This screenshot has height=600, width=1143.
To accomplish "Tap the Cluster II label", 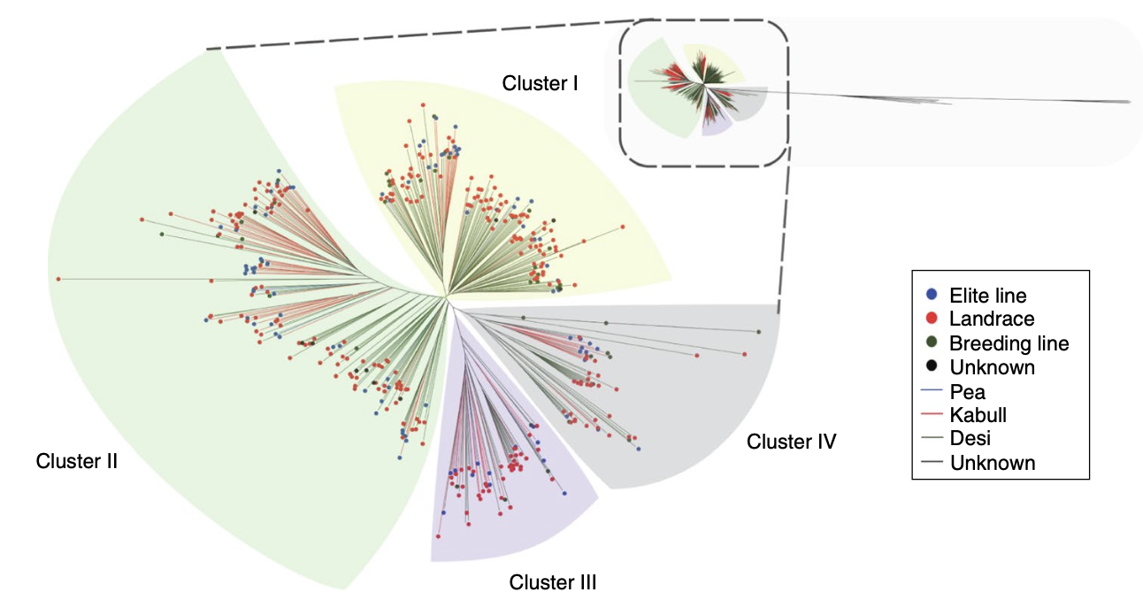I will tap(77, 461).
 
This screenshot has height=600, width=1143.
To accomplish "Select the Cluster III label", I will tap(553, 582).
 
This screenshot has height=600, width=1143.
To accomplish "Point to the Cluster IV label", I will tap(792, 441).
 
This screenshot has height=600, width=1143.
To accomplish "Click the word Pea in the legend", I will tap(967, 390).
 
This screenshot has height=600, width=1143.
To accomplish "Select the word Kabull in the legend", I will tap(978, 414).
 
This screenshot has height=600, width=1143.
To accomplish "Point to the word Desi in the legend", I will tap(971, 438).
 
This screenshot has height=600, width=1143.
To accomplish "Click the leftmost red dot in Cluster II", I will tap(58, 279).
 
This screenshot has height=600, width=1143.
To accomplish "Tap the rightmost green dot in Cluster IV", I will tap(759, 331).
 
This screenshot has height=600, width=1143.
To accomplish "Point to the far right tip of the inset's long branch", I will tap(1130, 102).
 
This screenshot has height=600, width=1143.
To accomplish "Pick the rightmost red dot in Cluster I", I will tap(623, 227).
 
